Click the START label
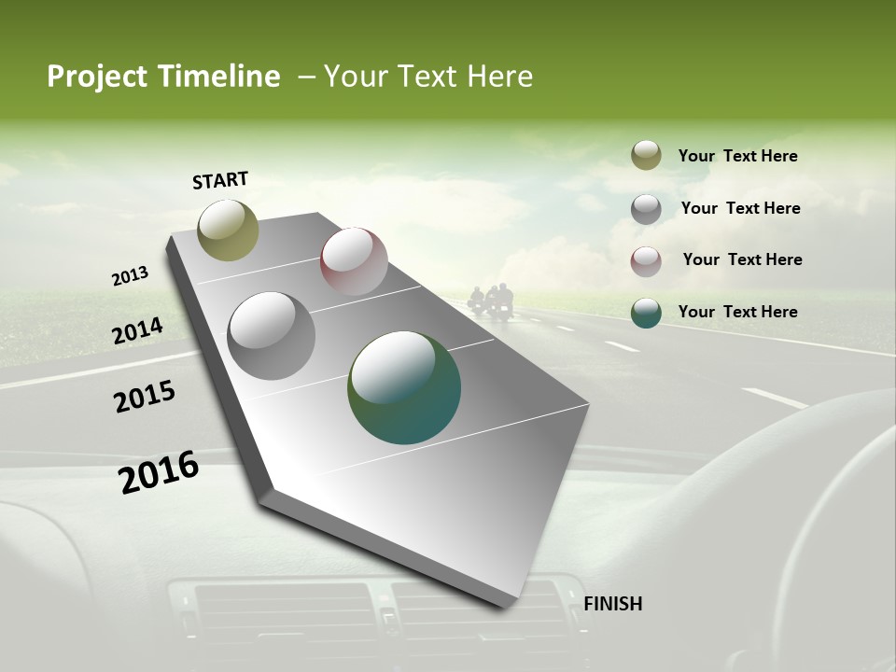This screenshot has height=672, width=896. click(x=220, y=180)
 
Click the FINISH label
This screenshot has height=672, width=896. click(x=612, y=604)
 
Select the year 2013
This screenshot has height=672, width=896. click(x=130, y=276)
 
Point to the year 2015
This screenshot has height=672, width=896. click(x=144, y=397)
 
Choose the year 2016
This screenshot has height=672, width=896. click(x=159, y=471)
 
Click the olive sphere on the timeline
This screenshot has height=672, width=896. click(x=228, y=230)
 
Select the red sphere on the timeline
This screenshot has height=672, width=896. click(x=354, y=261)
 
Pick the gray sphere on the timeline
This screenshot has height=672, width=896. click(x=271, y=335)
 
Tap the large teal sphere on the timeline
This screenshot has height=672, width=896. click(x=404, y=387)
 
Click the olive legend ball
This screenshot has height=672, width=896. click(x=646, y=156)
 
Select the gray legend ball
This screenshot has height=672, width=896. click(x=646, y=208)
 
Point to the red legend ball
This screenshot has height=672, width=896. click(x=646, y=260)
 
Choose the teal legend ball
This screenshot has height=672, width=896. click(x=646, y=313)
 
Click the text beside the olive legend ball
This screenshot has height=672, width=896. click(x=737, y=156)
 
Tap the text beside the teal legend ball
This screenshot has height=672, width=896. click(x=737, y=312)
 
